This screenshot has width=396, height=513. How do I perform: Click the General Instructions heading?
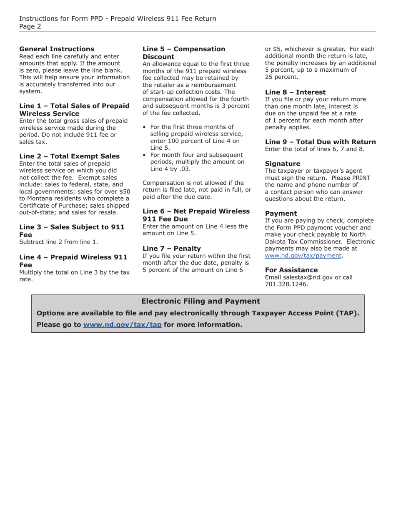(57, 49)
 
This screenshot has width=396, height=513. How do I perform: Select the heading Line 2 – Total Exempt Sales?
(69, 156)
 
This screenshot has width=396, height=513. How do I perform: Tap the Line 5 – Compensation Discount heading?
(183, 53)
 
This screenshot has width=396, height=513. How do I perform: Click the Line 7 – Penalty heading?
(171, 249)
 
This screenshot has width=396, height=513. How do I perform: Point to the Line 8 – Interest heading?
(295, 92)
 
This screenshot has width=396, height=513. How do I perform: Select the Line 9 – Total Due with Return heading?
(320, 142)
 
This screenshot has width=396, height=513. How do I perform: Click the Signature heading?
(282, 164)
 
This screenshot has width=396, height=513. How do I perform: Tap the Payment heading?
(281, 214)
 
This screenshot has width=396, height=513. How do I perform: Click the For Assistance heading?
(291, 270)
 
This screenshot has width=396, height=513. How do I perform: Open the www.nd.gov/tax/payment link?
(303, 256)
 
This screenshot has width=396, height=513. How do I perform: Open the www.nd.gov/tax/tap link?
(122, 324)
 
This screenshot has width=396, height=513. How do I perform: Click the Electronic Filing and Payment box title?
(200, 301)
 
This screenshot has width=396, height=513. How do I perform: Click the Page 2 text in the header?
(30, 26)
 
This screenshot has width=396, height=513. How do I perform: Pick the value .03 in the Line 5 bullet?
(185, 169)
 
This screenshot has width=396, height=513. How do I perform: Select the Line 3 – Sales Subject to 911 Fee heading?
(72, 231)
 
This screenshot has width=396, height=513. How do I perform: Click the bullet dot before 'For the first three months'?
(144, 127)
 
